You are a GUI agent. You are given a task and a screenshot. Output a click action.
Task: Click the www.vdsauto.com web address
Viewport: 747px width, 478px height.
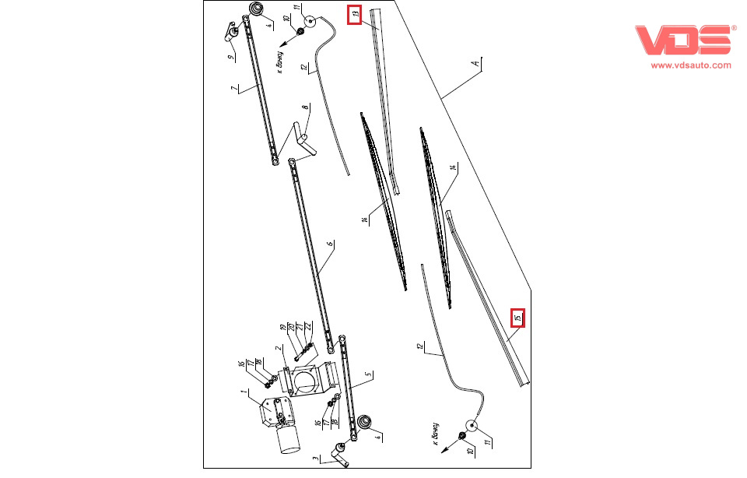point(691,66)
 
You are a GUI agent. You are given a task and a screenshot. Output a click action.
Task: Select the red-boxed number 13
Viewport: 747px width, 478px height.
point(354,14)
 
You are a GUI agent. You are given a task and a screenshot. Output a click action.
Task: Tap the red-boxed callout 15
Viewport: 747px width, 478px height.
point(517,318)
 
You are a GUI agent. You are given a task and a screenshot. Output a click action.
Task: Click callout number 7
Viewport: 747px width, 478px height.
point(233,90)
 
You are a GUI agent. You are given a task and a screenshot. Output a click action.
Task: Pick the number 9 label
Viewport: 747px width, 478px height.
point(230,58)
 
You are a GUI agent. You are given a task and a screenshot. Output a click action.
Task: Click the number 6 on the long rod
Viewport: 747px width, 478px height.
point(330,244)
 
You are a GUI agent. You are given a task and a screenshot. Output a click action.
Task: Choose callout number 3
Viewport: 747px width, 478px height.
point(314,461)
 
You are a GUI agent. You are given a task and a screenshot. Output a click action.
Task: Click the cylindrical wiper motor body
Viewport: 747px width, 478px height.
point(289,440)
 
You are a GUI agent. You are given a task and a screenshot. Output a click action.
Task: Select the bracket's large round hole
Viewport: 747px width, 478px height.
point(309,381)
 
